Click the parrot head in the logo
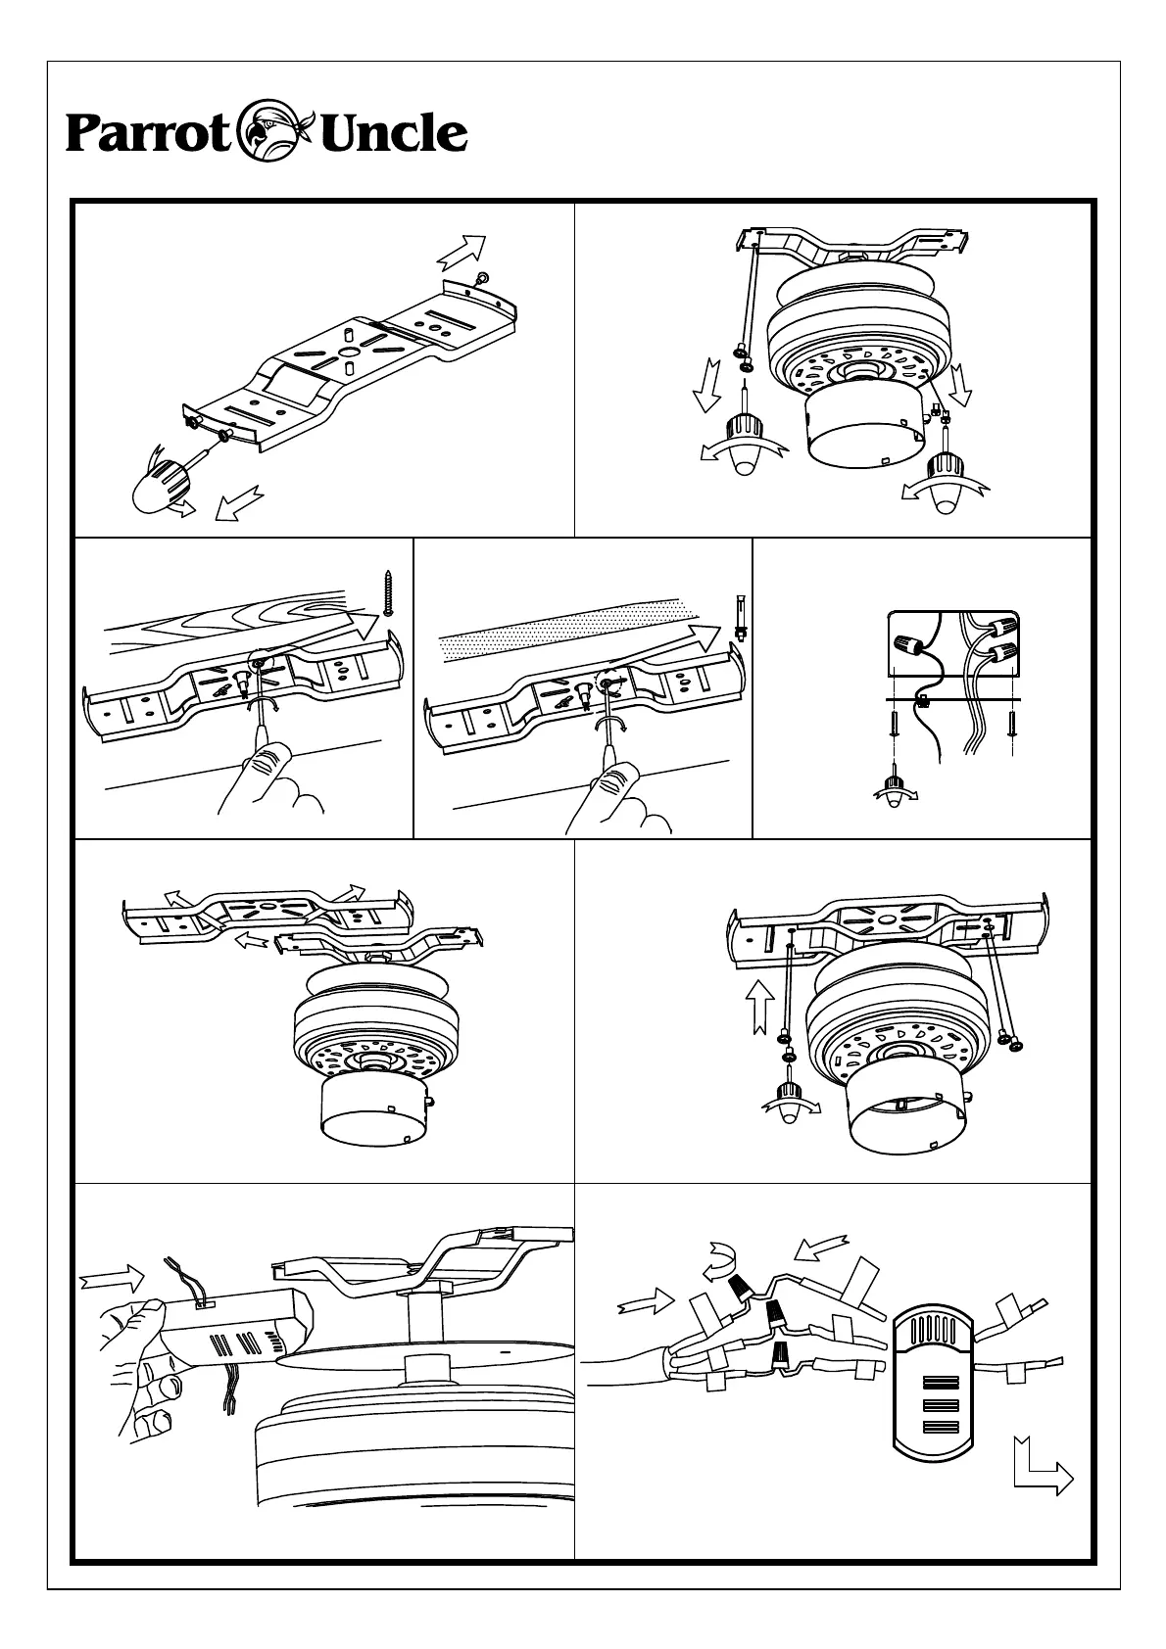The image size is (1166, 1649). pos(275,131)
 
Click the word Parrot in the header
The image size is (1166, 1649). pos(147,134)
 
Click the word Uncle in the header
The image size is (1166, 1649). pos(393,133)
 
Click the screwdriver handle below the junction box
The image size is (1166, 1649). pos(894,788)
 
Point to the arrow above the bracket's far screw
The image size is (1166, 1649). pos(462,251)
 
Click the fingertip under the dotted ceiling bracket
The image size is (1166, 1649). pos(618,777)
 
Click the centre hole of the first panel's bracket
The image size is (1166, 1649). pos(348,353)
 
